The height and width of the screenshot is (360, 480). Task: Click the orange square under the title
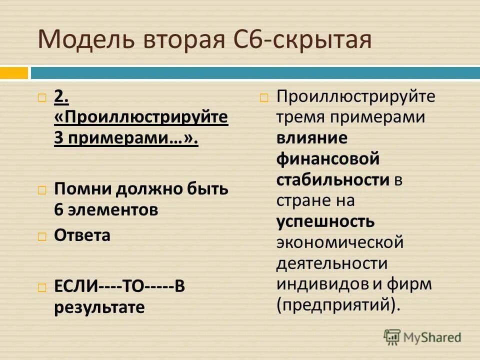13,73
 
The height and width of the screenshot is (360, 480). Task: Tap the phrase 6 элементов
106,209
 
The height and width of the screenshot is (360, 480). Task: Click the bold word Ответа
82,235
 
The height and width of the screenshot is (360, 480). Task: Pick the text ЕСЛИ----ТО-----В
120,286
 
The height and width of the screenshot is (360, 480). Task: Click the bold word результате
99,307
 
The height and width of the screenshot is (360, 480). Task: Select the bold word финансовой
328,159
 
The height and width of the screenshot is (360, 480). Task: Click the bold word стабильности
333,179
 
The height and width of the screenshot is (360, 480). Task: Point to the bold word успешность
325,220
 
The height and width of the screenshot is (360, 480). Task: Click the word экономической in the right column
339,242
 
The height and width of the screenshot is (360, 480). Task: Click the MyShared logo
422,337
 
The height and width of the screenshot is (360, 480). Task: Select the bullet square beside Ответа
42,236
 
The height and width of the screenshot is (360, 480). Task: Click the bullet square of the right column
264,97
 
